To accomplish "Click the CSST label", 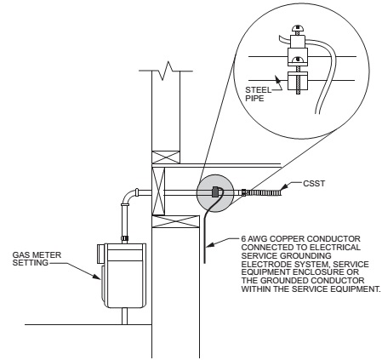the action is click(x=314, y=184).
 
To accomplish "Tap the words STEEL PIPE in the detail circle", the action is click(x=258, y=94).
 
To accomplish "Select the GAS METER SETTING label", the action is click(x=37, y=259).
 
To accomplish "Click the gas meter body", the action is click(x=125, y=275).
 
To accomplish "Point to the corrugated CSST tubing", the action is click(x=265, y=192).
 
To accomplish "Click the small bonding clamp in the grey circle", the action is click(x=216, y=191).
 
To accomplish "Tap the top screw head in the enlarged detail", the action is click(x=298, y=28).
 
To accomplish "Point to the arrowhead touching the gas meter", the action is click(x=97, y=277).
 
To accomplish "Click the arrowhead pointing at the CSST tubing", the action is click(x=284, y=187).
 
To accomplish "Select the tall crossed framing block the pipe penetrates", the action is click(x=158, y=191).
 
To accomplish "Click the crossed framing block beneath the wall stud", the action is click(x=166, y=157).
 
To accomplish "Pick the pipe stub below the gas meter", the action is click(x=125, y=316).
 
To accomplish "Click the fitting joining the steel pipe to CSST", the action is click(x=244, y=192).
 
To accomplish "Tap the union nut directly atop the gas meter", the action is click(x=125, y=239).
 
